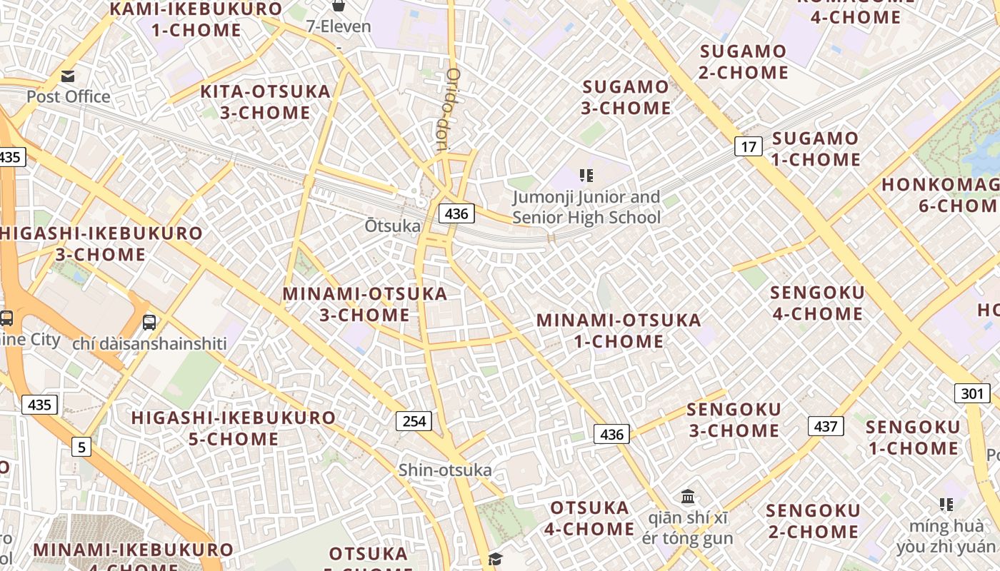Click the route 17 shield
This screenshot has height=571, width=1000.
point(748,147)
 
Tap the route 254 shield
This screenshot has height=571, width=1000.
point(414,421)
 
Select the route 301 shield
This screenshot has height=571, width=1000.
point(971,393)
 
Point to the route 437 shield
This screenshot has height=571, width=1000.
point(826,426)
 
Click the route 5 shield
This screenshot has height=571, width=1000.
point(81,448)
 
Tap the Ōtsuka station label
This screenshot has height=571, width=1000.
point(393,226)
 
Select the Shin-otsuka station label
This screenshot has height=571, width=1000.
point(445,470)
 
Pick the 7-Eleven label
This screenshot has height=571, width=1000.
point(339,26)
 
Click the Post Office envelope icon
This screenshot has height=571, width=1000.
point(68,76)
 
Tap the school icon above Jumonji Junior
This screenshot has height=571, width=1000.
point(586,175)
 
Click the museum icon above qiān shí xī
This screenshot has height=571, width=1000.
point(688,496)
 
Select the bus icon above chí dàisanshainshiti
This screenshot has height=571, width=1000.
point(149,322)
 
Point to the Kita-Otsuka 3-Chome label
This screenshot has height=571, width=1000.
point(265,102)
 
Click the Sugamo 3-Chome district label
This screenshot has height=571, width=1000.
point(626,98)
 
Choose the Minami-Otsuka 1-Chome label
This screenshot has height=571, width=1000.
point(619,330)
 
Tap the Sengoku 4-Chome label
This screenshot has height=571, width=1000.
point(817,303)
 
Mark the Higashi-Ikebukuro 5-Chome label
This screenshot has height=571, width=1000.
point(234,428)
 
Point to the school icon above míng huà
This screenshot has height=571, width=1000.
point(946,505)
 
